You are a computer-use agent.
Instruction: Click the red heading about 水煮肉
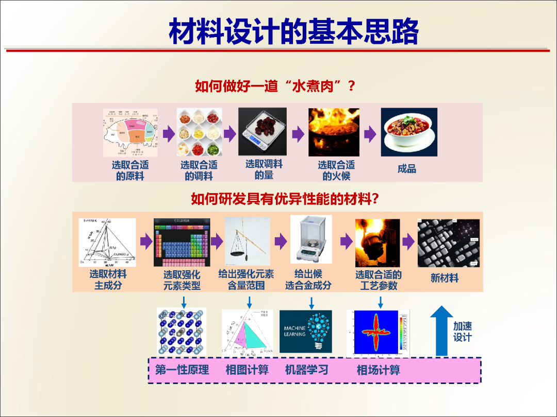tap(275, 85)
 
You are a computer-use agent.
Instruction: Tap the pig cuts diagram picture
tap(130, 132)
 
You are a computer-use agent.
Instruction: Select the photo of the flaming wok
tap(334, 132)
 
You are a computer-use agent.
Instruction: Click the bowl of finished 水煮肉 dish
tap(408, 132)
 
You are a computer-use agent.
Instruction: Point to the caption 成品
tap(406, 169)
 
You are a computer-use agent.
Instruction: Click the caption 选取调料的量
tap(264, 169)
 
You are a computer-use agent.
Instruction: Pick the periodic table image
tap(182, 241)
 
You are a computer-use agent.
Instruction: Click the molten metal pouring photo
tap(377, 242)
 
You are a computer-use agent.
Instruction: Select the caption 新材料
tap(444, 278)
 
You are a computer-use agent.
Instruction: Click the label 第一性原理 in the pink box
tap(182, 370)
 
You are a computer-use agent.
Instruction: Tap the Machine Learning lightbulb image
tap(305, 332)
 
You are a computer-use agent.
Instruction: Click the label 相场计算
tap(378, 370)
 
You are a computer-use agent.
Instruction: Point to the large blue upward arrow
tap(441, 331)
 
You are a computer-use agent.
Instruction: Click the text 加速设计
tap(462, 332)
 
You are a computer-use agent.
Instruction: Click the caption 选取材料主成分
tap(108, 280)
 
